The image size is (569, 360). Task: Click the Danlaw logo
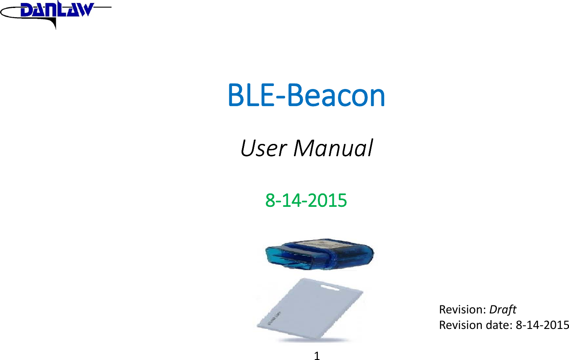click(x=55, y=12)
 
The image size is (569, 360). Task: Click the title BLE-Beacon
click(x=306, y=96)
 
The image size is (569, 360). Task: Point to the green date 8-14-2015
click(x=306, y=201)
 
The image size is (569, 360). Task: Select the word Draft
click(x=503, y=310)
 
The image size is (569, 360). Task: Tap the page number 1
click(x=317, y=356)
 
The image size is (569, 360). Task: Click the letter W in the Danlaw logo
click(x=83, y=10)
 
